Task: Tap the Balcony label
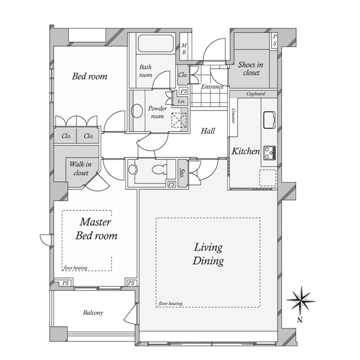93,312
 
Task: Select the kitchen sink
269,120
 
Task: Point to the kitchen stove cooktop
269,153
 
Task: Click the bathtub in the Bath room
156,44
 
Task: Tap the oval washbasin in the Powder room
137,111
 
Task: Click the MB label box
184,49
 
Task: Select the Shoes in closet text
251,69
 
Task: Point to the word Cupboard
256,94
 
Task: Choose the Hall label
208,131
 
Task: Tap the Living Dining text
208,254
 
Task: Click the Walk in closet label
80,168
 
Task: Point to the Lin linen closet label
181,102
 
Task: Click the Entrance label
212,87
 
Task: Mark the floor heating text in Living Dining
170,303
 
